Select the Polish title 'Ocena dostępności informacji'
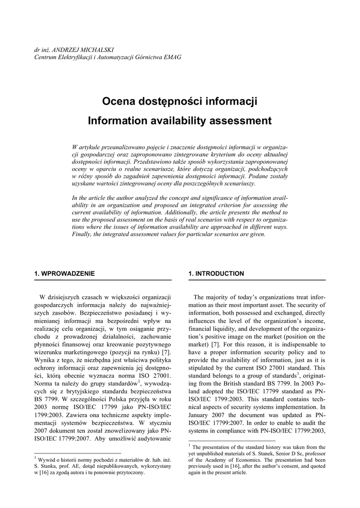coord(180,102)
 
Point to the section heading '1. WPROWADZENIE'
coord(65,273)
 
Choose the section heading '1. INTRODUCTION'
coord(216,273)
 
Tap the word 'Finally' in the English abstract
coord(82,234)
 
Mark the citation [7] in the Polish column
coord(166,352)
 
